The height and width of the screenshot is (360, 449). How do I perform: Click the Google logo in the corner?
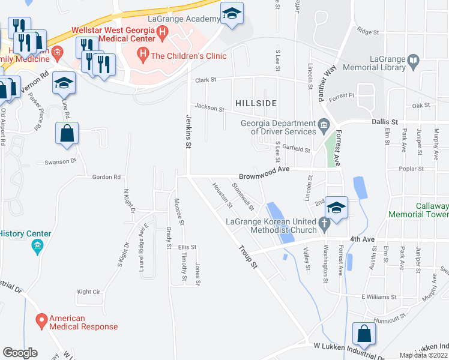pyautogui.click(x=20, y=353)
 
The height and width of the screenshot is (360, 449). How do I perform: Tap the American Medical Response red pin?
pyautogui.click(x=41, y=322)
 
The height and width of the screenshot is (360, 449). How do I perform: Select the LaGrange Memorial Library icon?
pyautogui.click(x=412, y=60)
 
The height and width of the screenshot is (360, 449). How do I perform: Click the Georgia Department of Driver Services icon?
pyautogui.click(x=324, y=124)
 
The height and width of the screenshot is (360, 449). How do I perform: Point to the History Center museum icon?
pyautogui.click(x=38, y=246)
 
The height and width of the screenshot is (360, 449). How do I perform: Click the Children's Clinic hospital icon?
pyautogui.click(x=143, y=56)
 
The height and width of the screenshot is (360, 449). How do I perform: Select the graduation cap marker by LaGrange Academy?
pyautogui.click(x=231, y=14)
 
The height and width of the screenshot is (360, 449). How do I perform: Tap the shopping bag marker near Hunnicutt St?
pyautogui.click(x=364, y=334)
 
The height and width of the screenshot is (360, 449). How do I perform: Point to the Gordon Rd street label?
pyautogui.click(x=106, y=177)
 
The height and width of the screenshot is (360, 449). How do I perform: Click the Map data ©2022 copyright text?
pyautogui.click(x=424, y=355)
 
